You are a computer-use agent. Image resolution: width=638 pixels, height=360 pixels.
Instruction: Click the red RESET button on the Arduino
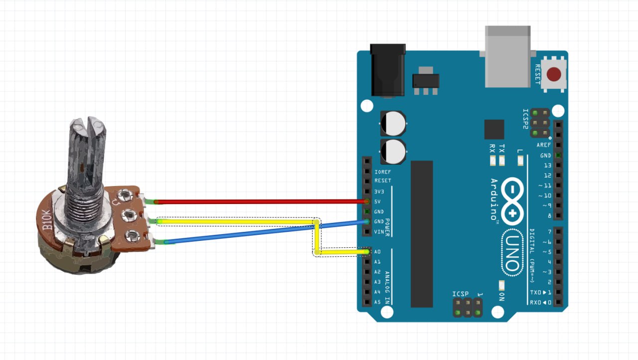pyautogui.click(x=554, y=75)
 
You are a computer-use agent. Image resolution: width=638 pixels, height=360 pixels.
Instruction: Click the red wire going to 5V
pyautogui.click(x=259, y=201)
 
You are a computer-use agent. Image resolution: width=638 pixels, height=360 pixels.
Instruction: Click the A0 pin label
pyautogui.click(x=377, y=252)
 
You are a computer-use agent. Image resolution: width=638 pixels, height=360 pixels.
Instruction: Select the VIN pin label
pyautogui.click(x=379, y=232)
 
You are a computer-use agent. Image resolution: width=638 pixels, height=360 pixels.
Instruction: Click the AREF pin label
pyautogui.click(x=544, y=145)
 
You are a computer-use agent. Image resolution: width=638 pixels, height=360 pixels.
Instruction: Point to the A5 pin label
pyautogui.click(x=377, y=302)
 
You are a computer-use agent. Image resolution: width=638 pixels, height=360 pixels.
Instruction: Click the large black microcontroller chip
pyautogui.click(x=422, y=234)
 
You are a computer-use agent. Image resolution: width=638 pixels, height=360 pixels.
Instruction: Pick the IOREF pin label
pyautogui.click(x=382, y=172)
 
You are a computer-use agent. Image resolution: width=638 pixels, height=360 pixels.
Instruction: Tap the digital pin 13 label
pyautogui.click(x=547, y=166)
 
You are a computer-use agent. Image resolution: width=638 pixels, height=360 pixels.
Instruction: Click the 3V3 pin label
pyautogui.click(x=379, y=191)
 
